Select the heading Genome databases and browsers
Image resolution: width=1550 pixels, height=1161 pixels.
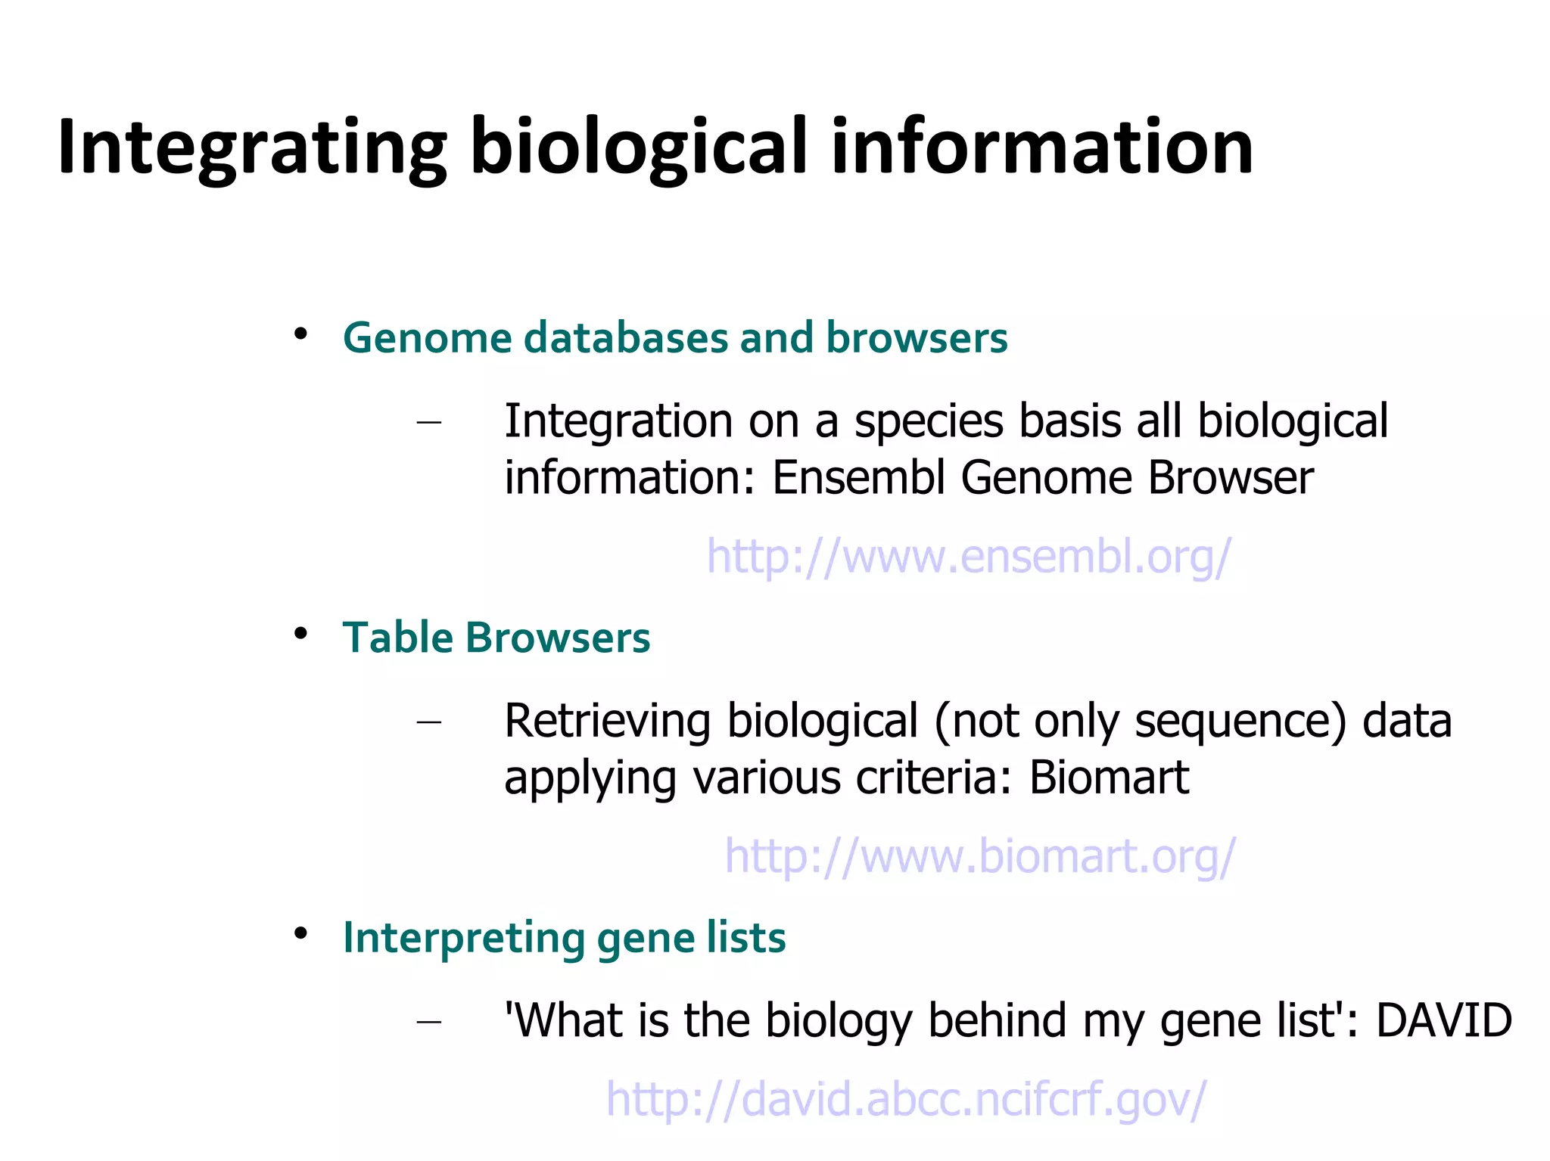tap(674, 337)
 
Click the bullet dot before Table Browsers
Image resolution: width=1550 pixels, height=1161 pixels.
tap(300, 633)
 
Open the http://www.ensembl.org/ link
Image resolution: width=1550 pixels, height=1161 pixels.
tap(969, 556)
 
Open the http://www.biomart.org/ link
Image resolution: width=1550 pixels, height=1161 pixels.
tap(979, 855)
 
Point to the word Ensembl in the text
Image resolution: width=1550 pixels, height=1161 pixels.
tap(858, 478)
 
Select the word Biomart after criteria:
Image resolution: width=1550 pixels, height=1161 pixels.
tap(1109, 778)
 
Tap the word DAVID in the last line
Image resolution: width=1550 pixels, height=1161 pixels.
tap(1443, 1020)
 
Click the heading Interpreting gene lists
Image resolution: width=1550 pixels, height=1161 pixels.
tap(564, 937)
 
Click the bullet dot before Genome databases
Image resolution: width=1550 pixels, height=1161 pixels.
tap(300, 334)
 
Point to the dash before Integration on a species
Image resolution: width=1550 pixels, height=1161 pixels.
tap(429, 422)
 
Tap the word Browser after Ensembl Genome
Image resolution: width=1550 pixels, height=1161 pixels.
tap(1231, 478)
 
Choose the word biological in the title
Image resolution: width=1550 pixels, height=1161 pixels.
tap(640, 147)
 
